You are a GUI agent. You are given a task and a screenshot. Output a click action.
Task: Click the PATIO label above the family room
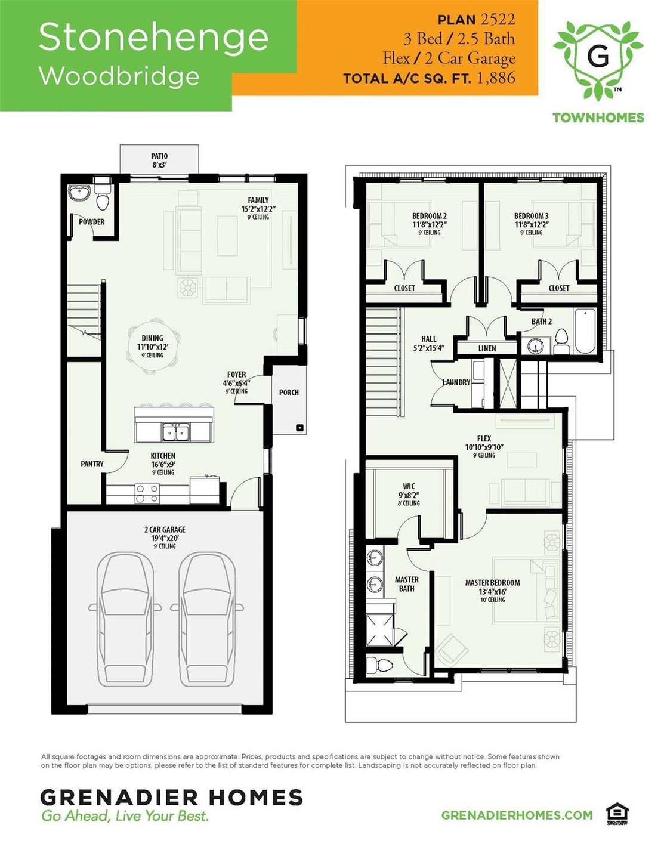[159, 156]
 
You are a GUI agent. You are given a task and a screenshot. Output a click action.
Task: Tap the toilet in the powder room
[103, 199]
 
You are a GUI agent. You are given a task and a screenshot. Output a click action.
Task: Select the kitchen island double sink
[175, 431]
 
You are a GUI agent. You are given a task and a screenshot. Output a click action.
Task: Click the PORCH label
[289, 393]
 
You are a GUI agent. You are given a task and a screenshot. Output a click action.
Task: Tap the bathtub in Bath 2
[585, 332]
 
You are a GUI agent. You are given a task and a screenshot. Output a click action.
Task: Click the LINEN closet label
[487, 348]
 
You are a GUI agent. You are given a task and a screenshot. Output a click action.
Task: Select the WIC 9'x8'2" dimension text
[409, 495]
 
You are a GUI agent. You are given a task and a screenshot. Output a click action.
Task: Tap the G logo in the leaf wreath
[598, 57]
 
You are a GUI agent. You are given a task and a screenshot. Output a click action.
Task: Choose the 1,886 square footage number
[496, 78]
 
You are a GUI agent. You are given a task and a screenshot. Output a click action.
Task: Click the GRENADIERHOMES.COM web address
[517, 815]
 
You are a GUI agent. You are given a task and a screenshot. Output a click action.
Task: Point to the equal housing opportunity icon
[617, 813]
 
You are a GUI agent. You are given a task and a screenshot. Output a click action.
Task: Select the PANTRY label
[92, 464]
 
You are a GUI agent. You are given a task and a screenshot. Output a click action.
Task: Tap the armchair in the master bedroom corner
[450, 649]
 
